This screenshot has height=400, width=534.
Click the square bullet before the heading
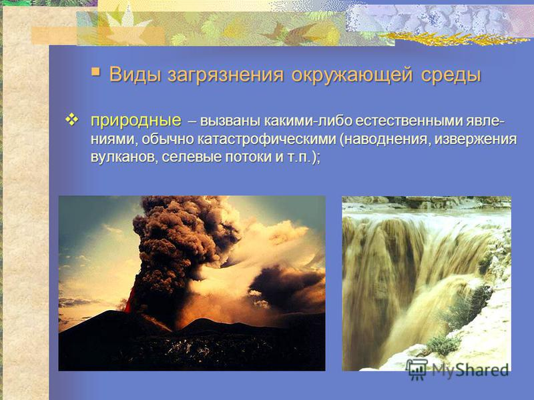(x=95, y=72)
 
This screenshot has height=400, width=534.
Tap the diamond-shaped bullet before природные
(x=71, y=120)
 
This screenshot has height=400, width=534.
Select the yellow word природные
(x=136, y=121)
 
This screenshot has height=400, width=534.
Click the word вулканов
(x=124, y=157)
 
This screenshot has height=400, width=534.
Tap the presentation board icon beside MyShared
(x=417, y=369)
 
